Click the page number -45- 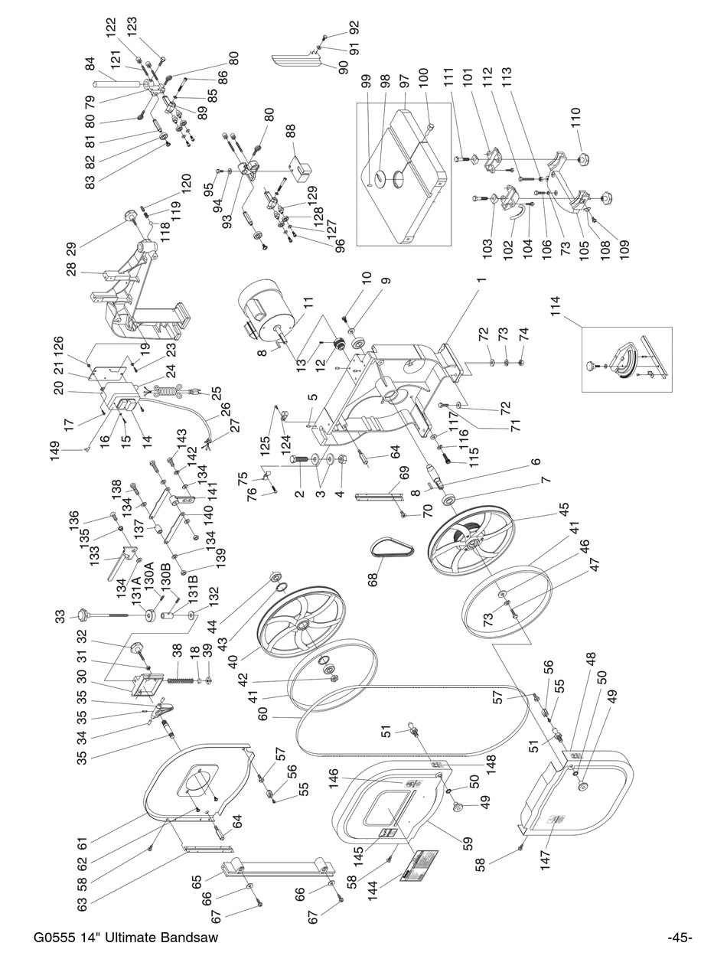coord(680,938)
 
